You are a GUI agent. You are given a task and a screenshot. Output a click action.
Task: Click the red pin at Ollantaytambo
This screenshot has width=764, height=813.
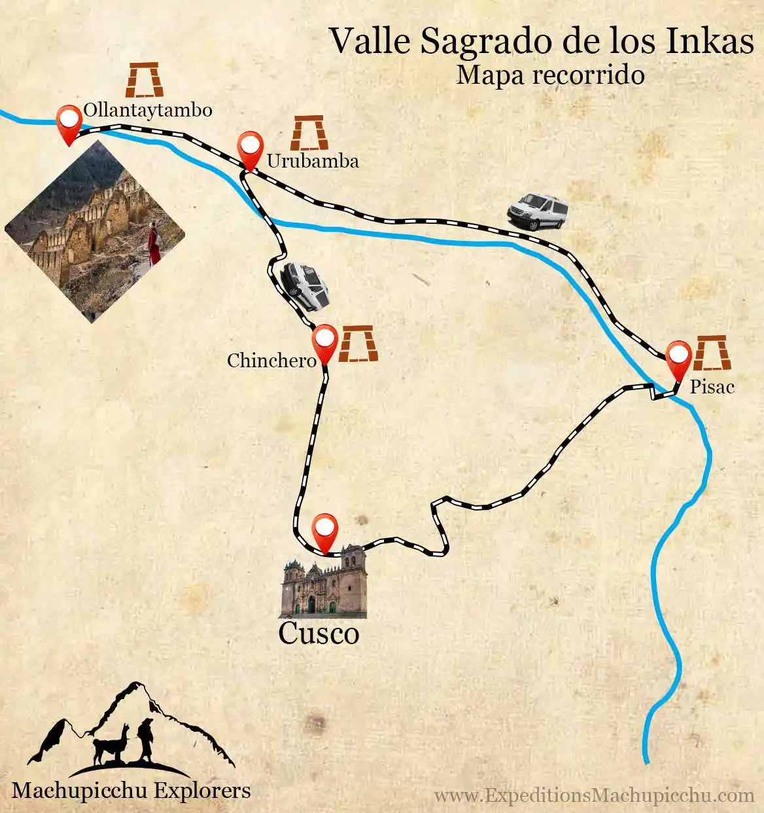[x=69, y=122]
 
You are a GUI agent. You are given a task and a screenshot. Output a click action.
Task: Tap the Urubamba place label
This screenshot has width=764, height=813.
[x=313, y=161]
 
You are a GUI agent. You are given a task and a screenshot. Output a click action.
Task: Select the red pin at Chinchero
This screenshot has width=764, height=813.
[x=324, y=341]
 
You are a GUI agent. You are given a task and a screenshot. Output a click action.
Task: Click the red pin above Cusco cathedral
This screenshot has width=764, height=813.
[x=325, y=530]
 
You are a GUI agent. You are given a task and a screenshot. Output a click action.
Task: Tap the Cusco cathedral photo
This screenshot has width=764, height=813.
[x=324, y=583]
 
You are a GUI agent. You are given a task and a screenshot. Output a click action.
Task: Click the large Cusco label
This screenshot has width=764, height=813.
[x=319, y=633]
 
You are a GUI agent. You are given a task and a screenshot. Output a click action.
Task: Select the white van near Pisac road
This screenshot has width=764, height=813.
[x=537, y=211]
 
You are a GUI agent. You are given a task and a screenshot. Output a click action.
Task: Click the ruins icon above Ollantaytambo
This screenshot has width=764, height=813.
[x=145, y=80]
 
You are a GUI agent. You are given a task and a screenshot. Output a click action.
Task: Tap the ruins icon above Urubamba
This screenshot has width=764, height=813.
[x=309, y=133]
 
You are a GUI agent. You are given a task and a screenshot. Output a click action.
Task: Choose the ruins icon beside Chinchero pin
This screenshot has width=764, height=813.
[x=358, y=344]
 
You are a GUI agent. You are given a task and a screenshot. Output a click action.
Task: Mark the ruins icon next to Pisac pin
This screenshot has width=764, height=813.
[x=711, y=353]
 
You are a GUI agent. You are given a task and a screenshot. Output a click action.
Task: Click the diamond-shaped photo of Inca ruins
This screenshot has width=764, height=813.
[x=95, y=231]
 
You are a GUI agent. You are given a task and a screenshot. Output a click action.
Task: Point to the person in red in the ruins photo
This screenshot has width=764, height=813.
[x=154, y=244]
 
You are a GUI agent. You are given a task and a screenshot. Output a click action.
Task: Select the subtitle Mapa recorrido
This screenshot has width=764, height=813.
[x=550, y=75]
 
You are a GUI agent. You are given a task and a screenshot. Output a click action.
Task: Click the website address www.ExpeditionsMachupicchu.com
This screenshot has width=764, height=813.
[x=594, y=795]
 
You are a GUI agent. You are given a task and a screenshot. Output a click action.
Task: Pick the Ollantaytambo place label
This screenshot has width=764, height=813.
[x=148, y=109]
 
